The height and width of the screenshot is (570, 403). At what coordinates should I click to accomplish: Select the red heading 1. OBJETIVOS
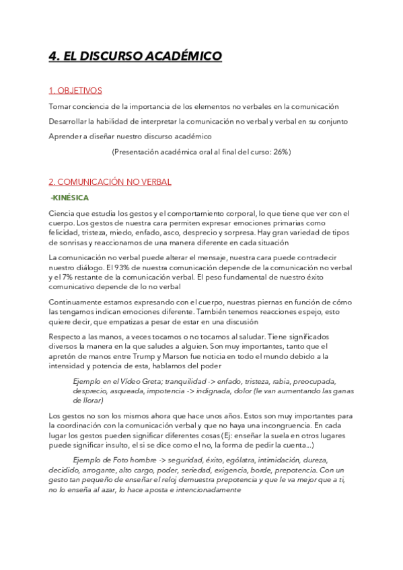click(75, 91)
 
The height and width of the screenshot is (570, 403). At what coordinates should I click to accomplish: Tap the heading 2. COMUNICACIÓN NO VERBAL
click(110, 181)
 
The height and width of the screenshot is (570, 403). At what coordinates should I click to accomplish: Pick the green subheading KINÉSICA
click(70, 198)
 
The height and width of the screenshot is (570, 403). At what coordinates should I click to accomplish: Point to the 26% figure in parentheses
click(277, 152)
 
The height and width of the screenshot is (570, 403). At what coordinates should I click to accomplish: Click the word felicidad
click(65, 232)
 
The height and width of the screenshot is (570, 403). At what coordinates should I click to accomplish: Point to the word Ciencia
click(62, 213)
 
